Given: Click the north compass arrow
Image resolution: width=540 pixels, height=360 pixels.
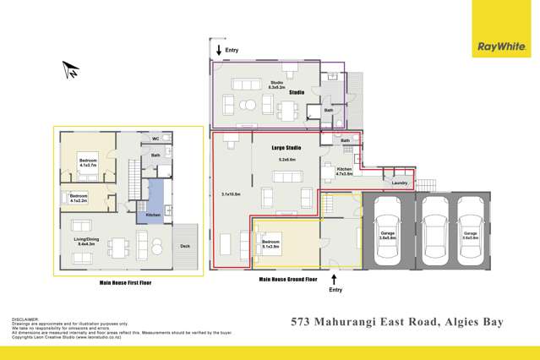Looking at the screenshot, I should (x=71, y=70).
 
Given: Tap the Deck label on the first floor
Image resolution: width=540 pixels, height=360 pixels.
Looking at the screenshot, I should (x=185, y=246).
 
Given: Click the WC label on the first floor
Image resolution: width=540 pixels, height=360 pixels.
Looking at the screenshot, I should (x=155, y=139).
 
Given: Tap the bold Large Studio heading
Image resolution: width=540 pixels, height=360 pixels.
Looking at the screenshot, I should (x=286, y=148).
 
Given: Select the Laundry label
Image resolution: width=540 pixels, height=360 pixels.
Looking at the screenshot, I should (x=400, y=183).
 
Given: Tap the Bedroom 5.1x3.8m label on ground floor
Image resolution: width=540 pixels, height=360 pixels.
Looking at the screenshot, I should (x=271, y=244).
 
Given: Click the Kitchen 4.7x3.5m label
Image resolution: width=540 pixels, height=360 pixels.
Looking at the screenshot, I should (x=344, y=172).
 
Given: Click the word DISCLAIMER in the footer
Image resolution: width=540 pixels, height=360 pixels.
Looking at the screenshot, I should (x=27, y=319).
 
